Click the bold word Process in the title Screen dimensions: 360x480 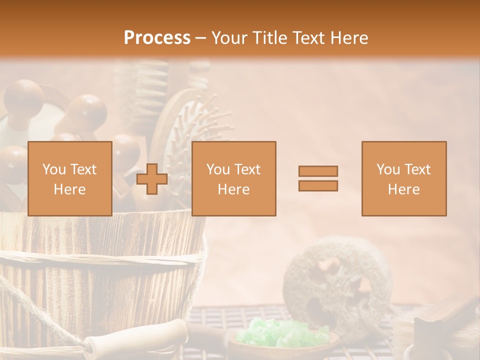[157, 38]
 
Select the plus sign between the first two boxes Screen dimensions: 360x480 [152, 178]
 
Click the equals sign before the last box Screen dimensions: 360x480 [318, 178]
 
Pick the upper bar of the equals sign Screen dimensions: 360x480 [318, 171]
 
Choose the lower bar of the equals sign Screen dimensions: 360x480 [318, 186]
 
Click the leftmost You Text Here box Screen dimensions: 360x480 [70, 178]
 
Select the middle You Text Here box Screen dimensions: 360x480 [233, 178]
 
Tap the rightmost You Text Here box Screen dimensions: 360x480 [404, 178]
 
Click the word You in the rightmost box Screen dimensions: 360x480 [388, 169]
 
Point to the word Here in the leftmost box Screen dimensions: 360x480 [69, 189]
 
